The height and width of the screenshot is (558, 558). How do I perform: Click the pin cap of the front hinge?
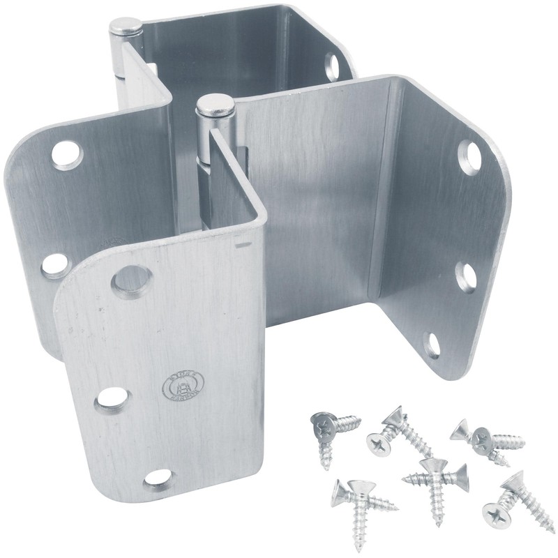coord(215,105)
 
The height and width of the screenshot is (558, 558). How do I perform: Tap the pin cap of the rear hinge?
coord(126,27)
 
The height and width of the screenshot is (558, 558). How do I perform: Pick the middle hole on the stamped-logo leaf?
coord(112,398)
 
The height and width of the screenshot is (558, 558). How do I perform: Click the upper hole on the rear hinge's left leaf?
coord(66,154)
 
